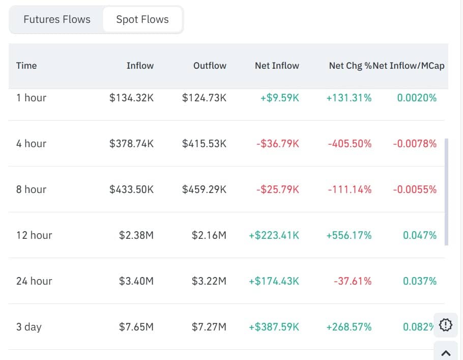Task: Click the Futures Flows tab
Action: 57,20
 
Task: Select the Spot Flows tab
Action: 142,20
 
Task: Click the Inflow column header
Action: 140,66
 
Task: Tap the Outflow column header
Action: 210,66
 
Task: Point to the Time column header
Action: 26,66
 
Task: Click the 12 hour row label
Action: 34,235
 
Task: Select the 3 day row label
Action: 29,327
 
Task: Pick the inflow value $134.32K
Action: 131,98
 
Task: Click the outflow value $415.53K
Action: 204,144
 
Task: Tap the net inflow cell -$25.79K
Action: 278,189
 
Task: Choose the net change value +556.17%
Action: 349,235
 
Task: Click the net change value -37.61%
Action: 353,281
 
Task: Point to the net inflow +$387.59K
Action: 274,327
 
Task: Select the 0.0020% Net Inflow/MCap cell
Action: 417,98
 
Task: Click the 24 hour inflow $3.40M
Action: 136,281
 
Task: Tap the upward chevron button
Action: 446,352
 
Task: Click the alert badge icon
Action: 445,325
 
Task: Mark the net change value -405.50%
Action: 350,144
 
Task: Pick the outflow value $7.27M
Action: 209,327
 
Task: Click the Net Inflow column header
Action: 277,66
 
